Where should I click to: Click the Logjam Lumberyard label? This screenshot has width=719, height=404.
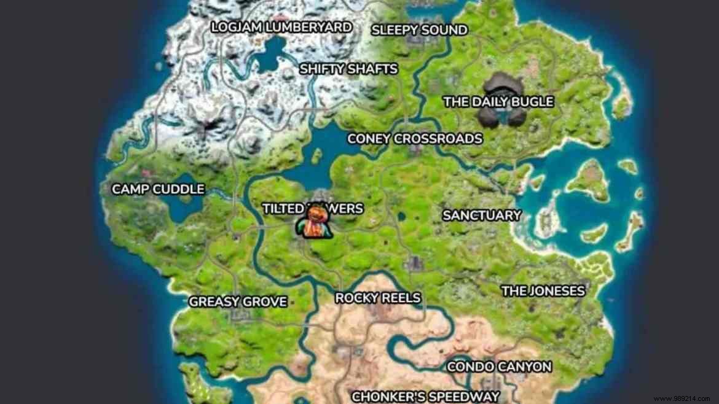click(281, 27)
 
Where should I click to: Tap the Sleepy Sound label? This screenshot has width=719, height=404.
click(419, 29)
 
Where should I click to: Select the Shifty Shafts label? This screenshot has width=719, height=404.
click(348, 69)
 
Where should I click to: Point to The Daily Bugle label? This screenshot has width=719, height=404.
click(498, 102)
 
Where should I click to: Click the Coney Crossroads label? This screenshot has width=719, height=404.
click(415, 139)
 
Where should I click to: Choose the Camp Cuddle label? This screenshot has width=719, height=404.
click(158, 189)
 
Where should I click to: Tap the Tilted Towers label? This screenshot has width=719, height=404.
click(313, 209)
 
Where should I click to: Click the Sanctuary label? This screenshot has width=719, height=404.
click(482, 216)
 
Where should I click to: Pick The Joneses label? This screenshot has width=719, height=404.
click(543, 291)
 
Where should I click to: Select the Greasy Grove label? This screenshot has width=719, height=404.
click(238, 301)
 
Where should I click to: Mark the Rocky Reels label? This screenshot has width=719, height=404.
click(378, 298)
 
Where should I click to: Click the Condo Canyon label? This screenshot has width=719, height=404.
click(499, 367)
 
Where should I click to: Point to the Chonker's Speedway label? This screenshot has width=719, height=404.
click(425, 396)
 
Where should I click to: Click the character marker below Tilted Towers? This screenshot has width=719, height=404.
click(313, 223)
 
